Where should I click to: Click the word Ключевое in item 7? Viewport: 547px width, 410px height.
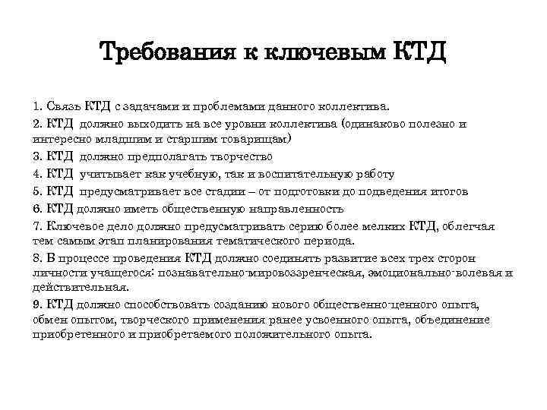(x=74, y=225)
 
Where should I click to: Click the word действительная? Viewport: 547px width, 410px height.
(x=81, y=288)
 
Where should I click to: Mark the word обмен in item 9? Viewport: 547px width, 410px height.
(x=49, y=319)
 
